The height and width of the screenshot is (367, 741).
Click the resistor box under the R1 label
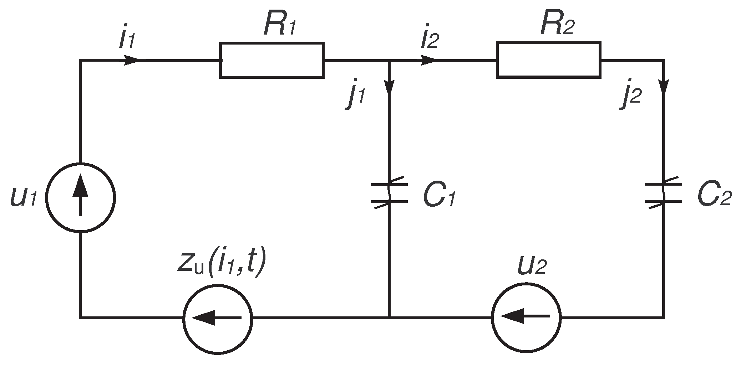(x=271, y=60)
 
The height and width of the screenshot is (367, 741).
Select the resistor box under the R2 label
(x=548, y=60)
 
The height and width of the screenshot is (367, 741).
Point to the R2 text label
(x=557, y=25)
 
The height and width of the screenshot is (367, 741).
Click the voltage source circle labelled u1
(x=80, y=198)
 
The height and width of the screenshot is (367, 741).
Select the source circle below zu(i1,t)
(x=218, y=317)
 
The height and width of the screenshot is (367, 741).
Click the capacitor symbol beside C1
(x=389, y=193)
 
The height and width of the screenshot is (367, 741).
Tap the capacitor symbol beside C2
(x=663, y=193)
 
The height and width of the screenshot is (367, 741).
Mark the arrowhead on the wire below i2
(x=428, y=60)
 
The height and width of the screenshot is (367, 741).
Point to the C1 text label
(x=438, y=196)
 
